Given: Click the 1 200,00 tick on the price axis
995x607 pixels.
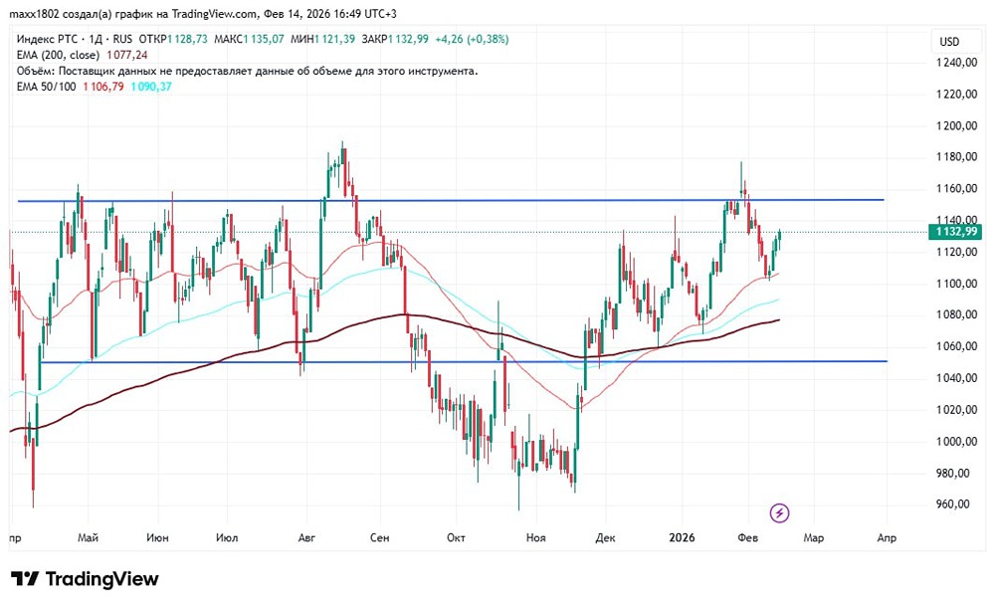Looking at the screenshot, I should pyautogui.click(x=958, y=125).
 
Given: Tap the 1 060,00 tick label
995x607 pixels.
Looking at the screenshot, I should pyautogui.click(x=958, y=346).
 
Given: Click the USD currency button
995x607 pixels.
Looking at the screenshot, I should pyautogui.click(x=949, y=41).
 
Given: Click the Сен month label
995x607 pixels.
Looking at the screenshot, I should pyautogui.click(x=379, y=538).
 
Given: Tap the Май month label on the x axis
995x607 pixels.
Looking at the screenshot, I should pyautogui.click(x=88, y=538).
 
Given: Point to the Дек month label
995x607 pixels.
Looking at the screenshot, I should pyautogui.click(x=605, y=538).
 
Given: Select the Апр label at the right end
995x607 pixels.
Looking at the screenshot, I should pyautogui.click(x=887, y=538).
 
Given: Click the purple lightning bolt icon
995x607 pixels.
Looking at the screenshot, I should pyautogui.click(x=780, y=512).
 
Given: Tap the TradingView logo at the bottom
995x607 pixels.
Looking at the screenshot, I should pyautogui.click(x=85, y=579).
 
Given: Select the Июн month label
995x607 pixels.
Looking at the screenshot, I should pyautogui.click(x=157, y=538).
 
